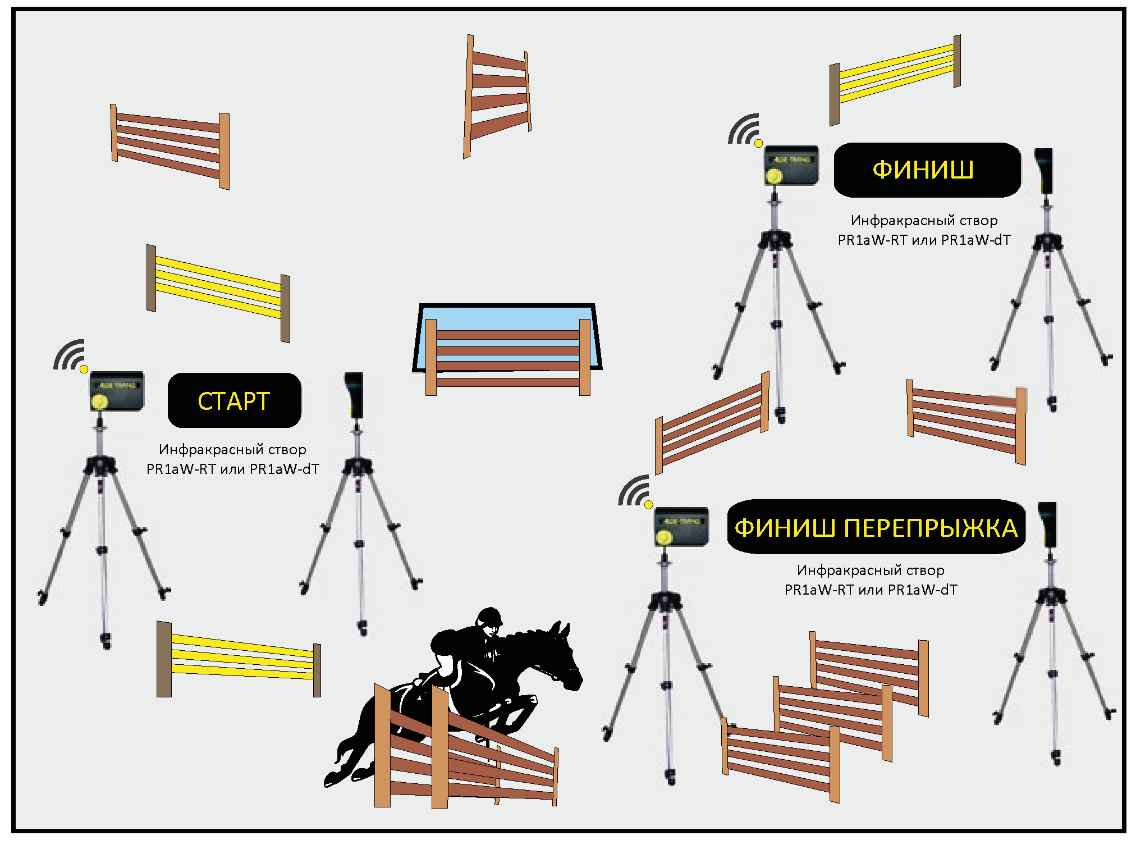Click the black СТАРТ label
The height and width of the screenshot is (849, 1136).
pos(234,401)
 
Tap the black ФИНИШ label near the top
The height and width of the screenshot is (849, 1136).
pos(927,170)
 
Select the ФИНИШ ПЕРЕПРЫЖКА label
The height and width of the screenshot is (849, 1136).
pos(876,527)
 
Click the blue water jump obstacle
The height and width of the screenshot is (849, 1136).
pos(507,337)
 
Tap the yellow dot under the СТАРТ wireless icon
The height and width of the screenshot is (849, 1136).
pos(84,369)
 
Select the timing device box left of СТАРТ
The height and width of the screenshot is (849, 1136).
pos(117,391)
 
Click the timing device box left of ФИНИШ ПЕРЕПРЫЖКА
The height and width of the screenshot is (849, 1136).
pos(681,527)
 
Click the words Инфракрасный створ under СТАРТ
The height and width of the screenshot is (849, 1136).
pos(232,449)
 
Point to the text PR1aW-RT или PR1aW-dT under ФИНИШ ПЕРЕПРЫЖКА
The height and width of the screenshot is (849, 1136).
pos(871,590)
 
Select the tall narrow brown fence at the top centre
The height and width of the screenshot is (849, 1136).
pos(497,95)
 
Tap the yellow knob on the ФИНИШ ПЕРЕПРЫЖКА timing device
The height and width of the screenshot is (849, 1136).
pos(665,538)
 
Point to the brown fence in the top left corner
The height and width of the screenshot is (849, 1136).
pos(170,145)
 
